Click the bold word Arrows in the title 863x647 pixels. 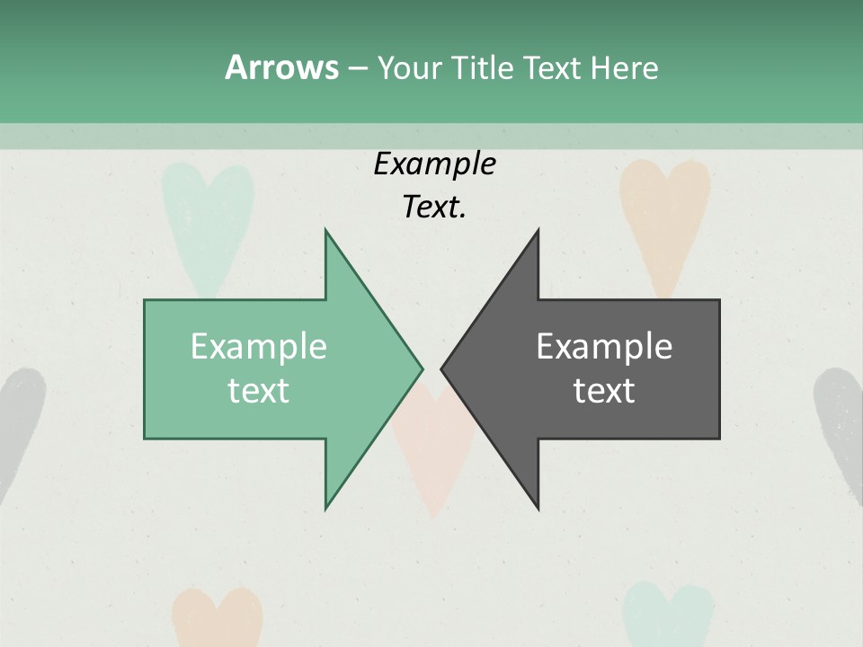pos(281,67)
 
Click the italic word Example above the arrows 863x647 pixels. pos(435,164)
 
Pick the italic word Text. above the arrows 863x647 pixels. pos(435,207)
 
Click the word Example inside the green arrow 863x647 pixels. pos(259,346)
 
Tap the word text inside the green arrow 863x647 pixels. pos(259,390)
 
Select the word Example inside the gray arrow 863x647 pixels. pos(604,346)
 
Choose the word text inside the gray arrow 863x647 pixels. pos(604,390)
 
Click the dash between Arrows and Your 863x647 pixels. pos(357,67)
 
